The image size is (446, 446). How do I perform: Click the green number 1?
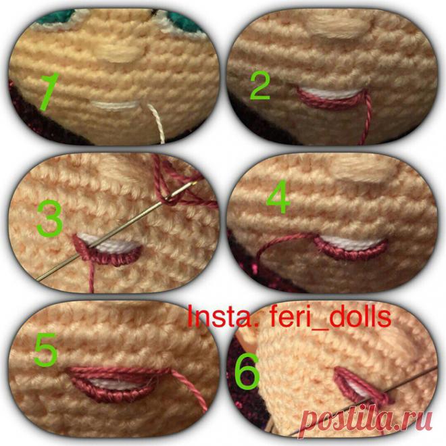click(x=49, y=92)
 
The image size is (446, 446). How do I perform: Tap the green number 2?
click(x=259, y=86)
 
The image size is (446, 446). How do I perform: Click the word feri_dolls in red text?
click(x=331, y=316)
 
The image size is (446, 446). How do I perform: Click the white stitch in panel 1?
click(x=116, y=105)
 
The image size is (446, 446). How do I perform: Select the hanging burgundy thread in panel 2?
click(x=366, y=117)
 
